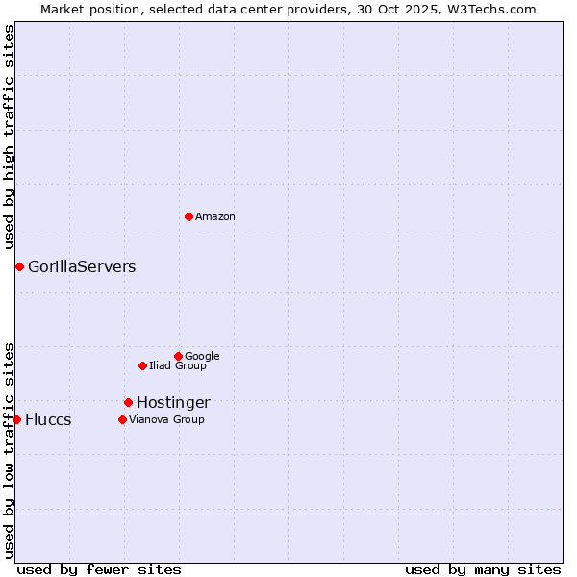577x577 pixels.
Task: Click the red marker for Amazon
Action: coord(188,216)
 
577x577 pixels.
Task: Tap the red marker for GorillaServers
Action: coord(19,266)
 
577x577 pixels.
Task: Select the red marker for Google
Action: coord(178,356)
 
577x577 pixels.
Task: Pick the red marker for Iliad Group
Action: coord(142,365)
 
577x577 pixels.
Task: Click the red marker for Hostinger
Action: coord(128,402)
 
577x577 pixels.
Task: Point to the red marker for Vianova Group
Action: coord(122,419)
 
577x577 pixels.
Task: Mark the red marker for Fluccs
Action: coord(16,419)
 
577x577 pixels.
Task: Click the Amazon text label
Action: coord(215,217)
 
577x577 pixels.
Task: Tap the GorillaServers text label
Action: coord(82,267)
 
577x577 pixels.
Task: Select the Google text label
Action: coord(202,357)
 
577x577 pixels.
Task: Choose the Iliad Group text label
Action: coord(178,366)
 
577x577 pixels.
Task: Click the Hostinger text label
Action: coord(173,403)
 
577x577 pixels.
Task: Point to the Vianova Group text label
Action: coord(166,420)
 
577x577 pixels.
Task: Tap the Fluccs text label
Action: coord(48,420)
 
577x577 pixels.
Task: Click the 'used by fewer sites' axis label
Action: coord(99,569)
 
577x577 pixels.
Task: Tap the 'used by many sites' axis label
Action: coord(483,569)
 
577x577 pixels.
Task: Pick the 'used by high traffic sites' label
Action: coord(9,138)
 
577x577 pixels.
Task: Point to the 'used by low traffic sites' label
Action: coord(9,449)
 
